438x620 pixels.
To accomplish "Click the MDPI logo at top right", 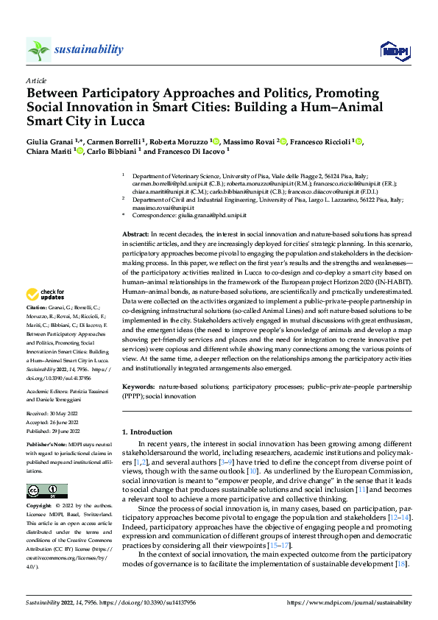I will click(x=393, y=50).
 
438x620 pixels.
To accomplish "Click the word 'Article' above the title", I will click(x=36, y=80).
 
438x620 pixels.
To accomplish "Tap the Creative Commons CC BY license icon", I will click(x=47, y=491).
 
